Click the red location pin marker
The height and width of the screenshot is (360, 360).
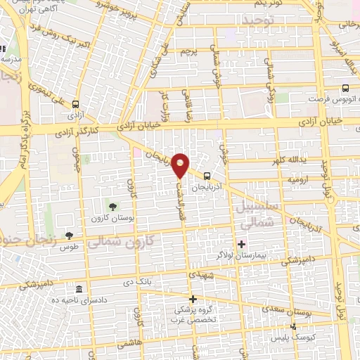[x=181, y=165]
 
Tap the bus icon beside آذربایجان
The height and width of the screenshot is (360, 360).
[x=207, y=176]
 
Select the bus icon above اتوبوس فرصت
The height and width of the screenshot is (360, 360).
[x=345, y=89]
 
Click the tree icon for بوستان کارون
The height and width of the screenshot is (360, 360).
[x=112, y=206]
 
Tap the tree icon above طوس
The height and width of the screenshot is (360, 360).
[x=68, y=236]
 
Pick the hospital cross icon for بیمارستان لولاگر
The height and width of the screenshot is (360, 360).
[x=241, y=244]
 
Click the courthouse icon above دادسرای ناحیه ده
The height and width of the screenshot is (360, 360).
[x=78, y=290]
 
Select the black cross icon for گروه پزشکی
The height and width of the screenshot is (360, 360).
[x=192, y=299]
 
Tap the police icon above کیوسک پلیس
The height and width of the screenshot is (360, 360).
[x=294, y=327]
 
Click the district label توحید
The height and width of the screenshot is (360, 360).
[x=259, y=22]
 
